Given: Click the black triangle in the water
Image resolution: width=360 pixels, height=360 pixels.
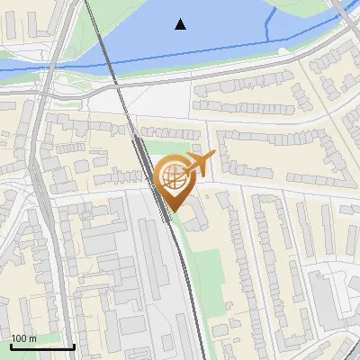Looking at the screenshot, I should (181, 24).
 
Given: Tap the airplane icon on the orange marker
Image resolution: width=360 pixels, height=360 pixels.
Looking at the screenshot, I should (201, 163).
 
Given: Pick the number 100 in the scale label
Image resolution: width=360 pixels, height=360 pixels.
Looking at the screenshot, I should (19, 338).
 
